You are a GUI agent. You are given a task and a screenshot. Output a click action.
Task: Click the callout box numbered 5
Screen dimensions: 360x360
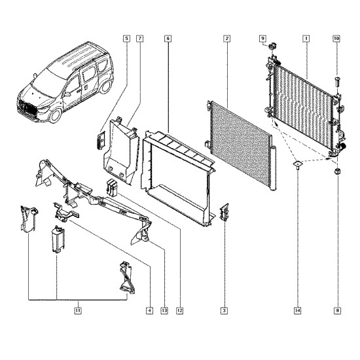[126, 39]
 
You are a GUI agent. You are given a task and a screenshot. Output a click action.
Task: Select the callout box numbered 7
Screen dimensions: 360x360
[139, 39]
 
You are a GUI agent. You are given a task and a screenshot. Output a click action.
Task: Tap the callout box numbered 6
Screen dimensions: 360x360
[168, 39]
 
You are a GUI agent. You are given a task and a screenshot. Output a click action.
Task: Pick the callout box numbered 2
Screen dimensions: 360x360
[227, 39]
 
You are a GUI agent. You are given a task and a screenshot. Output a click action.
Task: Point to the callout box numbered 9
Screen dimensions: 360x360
[262, 39]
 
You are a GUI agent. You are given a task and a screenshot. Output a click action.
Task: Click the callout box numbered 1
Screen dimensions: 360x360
[306, 39]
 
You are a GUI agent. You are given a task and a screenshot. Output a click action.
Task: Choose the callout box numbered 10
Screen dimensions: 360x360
[336, 39]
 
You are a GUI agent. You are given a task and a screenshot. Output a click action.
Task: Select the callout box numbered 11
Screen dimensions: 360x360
[78, 311]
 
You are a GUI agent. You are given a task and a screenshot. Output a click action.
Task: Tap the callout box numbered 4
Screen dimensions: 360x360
[149, 311]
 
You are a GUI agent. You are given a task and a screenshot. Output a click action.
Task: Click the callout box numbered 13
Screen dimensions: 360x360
[164, 311]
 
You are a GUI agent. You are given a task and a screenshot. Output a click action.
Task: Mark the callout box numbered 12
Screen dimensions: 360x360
[180, 311]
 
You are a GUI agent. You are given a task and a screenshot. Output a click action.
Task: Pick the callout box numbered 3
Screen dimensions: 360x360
[224, 311]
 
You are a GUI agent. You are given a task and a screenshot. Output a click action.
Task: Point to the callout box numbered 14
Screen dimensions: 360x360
[297, 311]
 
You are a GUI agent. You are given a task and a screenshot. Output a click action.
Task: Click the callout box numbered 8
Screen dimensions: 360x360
[337, 311]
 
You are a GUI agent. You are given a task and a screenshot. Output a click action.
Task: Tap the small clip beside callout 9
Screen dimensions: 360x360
[273, 46]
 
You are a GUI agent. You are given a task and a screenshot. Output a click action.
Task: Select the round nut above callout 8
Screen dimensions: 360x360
[337, 171]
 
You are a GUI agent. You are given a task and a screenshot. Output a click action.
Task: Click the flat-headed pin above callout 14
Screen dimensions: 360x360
[297, 164]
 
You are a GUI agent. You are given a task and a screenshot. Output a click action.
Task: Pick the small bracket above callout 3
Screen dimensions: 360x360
[225, 212]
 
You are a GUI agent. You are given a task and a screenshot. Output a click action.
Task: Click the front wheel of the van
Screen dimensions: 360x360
[56, 115]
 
